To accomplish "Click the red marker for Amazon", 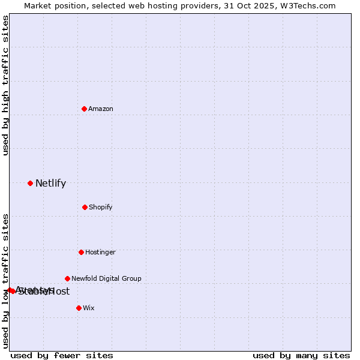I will (x=84, y=109).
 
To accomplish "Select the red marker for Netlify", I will (x=30, y=183).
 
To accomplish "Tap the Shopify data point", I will (x=85, y=207).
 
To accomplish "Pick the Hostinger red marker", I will (x=81, y=252).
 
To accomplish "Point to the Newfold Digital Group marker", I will (x=67, y=278).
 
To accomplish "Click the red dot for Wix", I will (x=79, y=308).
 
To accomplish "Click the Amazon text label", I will (x=101, y=109).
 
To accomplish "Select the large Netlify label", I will (x=50, y=184).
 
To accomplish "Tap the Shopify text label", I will (x=101, y=207).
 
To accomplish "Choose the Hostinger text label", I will (x=100, y=252).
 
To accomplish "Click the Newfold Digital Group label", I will (x=106, y=278).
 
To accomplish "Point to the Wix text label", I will (x=89, y=308).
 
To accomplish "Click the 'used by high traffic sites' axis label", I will (x=5, y=85).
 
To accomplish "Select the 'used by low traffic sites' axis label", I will (x=5, y=280).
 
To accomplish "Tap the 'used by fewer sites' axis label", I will (x=62, y=355).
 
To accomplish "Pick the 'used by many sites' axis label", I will (x=301, y=355).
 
